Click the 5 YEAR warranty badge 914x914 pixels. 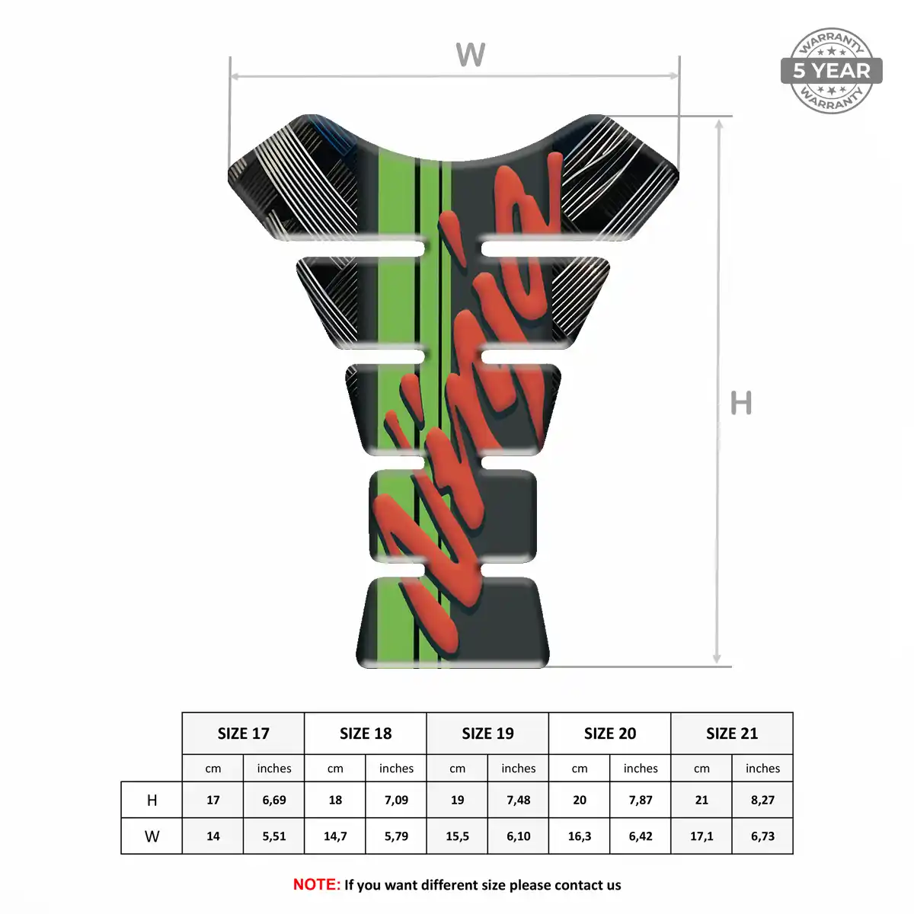click(x=831, y=71)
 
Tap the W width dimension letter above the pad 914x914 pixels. click(x=470, y=54)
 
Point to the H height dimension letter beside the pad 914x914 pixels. click(x=741, y=403)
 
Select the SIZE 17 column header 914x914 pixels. click(x=243, y=733)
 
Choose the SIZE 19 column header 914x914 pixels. click(x=487, y=733)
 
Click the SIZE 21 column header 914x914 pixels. click(x=732, y=733)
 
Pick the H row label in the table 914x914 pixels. click(x=152, y=801)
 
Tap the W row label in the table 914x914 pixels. click(x=152, y=836)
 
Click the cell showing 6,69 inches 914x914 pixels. click(x=274, y=801)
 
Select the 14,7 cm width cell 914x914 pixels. click(x=335, y=836)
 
